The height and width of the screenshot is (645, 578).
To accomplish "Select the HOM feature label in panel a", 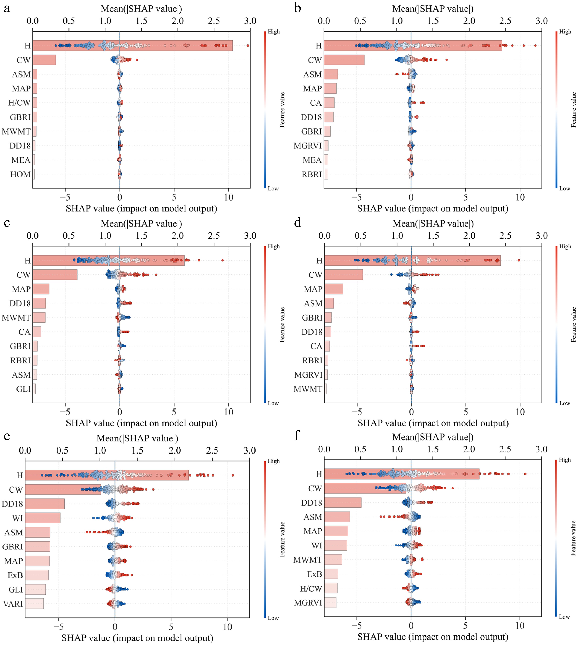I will pyautogui.click(x=20, y=174).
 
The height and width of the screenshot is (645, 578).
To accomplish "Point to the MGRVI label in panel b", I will pyautogui.click(x=307, y=146).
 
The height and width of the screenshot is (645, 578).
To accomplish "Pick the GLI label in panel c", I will pyautogui.click(x=23, y=389).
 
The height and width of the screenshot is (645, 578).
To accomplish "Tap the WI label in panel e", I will pyautogui.click(x=18, y=518).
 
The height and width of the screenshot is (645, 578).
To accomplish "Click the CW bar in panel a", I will pyautogui.click(x=44, y=60).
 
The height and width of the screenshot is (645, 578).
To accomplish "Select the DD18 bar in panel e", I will pyautogui.click(x=45, y=504).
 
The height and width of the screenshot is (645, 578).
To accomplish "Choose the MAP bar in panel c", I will pyautogui.click(x=41, y=289).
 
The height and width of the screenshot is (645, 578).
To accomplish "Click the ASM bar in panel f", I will pyautogui.click(x=337, y=517).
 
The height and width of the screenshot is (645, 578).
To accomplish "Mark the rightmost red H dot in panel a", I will pyautogui.click(x=248, y=46).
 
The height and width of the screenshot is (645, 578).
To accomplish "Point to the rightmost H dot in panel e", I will pyautogui.click(x=233, y=475).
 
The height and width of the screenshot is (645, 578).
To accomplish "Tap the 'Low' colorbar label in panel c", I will pyautogui.click(x=273, y=403).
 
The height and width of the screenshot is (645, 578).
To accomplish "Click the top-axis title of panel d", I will pyautogui.click(x=433, y=224).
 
